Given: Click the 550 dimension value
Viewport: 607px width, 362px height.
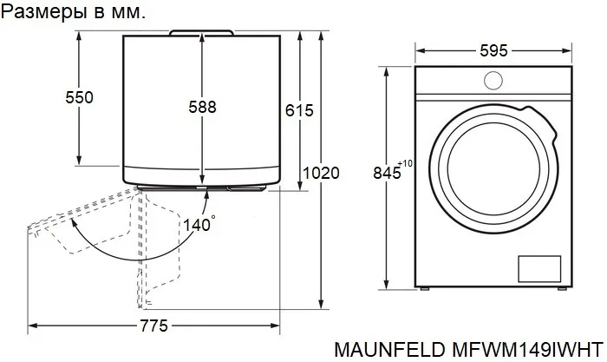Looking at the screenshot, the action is point(80,97).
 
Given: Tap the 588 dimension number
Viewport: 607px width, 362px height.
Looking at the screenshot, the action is point(202,107).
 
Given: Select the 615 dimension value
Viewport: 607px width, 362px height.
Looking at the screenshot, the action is point(299,111).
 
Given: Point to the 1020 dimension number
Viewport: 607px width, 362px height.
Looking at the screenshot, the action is point(321,173).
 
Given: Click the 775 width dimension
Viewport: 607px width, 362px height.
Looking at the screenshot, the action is point(154,326).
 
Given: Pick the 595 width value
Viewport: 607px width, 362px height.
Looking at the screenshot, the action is point(493,50).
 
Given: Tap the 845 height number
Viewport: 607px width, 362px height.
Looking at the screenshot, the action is point(387,173).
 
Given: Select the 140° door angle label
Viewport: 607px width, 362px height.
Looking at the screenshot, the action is point(199,225).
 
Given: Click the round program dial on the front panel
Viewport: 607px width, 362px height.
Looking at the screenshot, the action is point(493,81).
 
